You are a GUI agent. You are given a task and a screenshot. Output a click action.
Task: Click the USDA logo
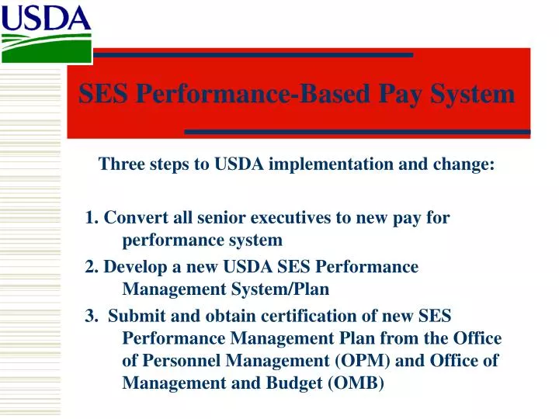coord(47,32)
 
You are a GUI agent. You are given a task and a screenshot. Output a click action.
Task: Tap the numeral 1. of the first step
coord(92,218)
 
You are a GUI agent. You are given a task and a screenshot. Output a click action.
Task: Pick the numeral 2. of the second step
coord(92,267)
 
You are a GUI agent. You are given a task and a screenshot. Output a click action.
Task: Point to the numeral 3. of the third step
coord(92,316)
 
